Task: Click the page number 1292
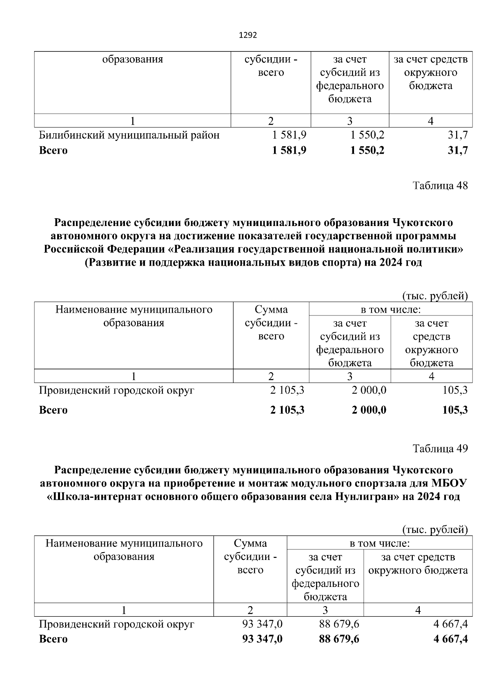(247, 35)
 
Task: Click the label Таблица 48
(440, 186)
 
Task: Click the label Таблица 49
(440, 449)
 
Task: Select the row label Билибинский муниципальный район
(129, 135)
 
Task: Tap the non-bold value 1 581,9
(289, 135)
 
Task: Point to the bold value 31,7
(457, 150)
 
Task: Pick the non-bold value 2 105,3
(287, 390)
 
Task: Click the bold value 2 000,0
(369, 410)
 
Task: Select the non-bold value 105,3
(455, 390)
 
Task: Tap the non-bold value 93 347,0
(262, 624)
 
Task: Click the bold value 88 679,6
(339, 639)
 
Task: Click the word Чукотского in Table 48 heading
(423, 223)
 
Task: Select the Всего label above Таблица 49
(53, 410)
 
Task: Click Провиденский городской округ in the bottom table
(116, 624)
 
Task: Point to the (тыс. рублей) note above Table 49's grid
(434, 530)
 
